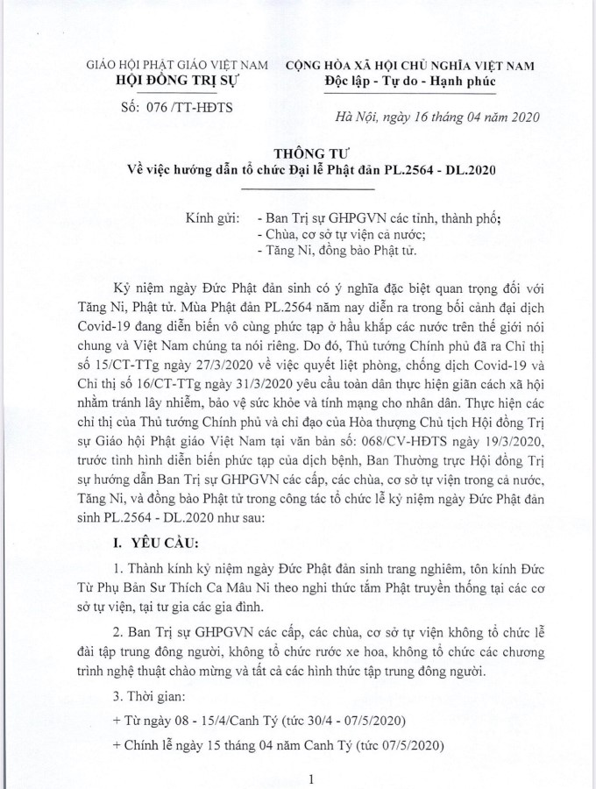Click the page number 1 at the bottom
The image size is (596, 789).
[x=310, y=778]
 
